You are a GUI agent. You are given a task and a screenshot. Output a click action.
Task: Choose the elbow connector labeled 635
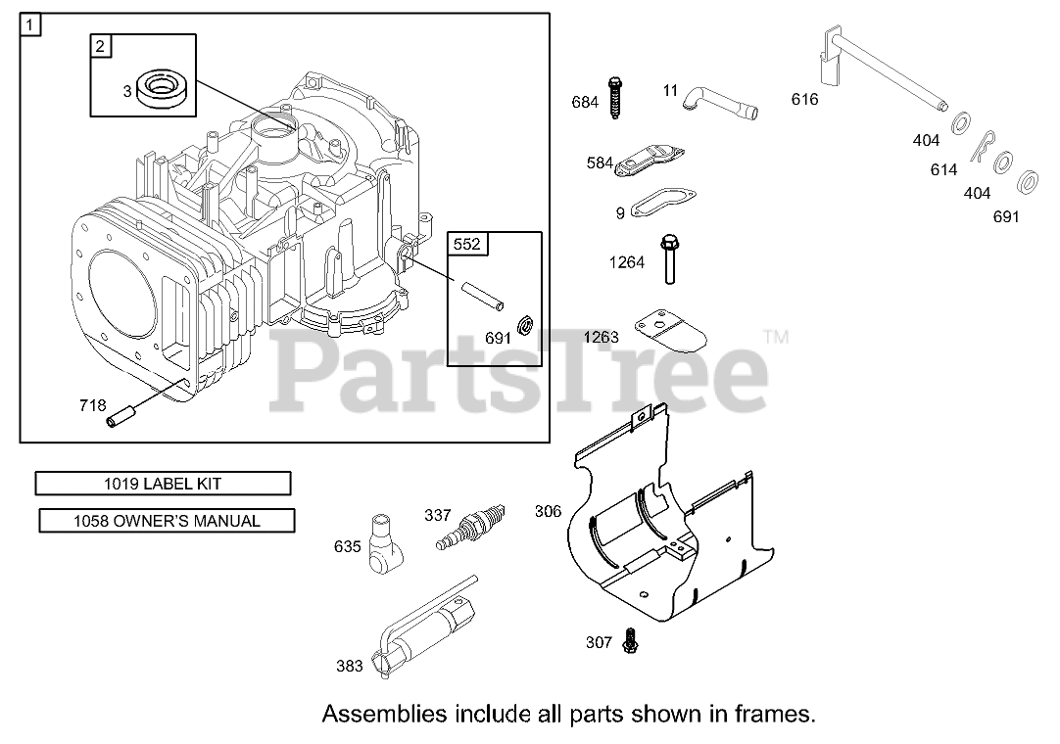pos(384,543)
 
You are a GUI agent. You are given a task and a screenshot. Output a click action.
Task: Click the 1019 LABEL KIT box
pos(163,484)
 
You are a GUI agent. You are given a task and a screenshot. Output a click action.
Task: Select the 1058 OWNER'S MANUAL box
pos(167,521)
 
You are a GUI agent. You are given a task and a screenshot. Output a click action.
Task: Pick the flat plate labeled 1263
pos(671,331)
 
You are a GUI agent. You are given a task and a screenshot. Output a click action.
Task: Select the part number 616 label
pos(804,99)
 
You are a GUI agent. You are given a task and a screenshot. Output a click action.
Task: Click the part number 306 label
pos(548,510)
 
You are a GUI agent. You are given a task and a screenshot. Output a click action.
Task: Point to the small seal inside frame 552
pos(524,324)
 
